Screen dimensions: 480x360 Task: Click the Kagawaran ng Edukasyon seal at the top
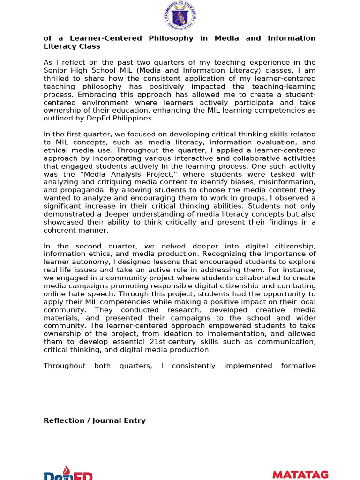[x=180, y=16]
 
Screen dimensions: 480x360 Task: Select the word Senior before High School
[x=56, y=70]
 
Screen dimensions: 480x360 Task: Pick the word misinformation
[x=287, y=182]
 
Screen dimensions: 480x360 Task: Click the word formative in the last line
[x=298, y=366]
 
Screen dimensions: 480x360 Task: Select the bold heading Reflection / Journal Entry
[x=94, y=420]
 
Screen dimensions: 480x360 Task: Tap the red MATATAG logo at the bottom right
[x=300, y=474]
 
